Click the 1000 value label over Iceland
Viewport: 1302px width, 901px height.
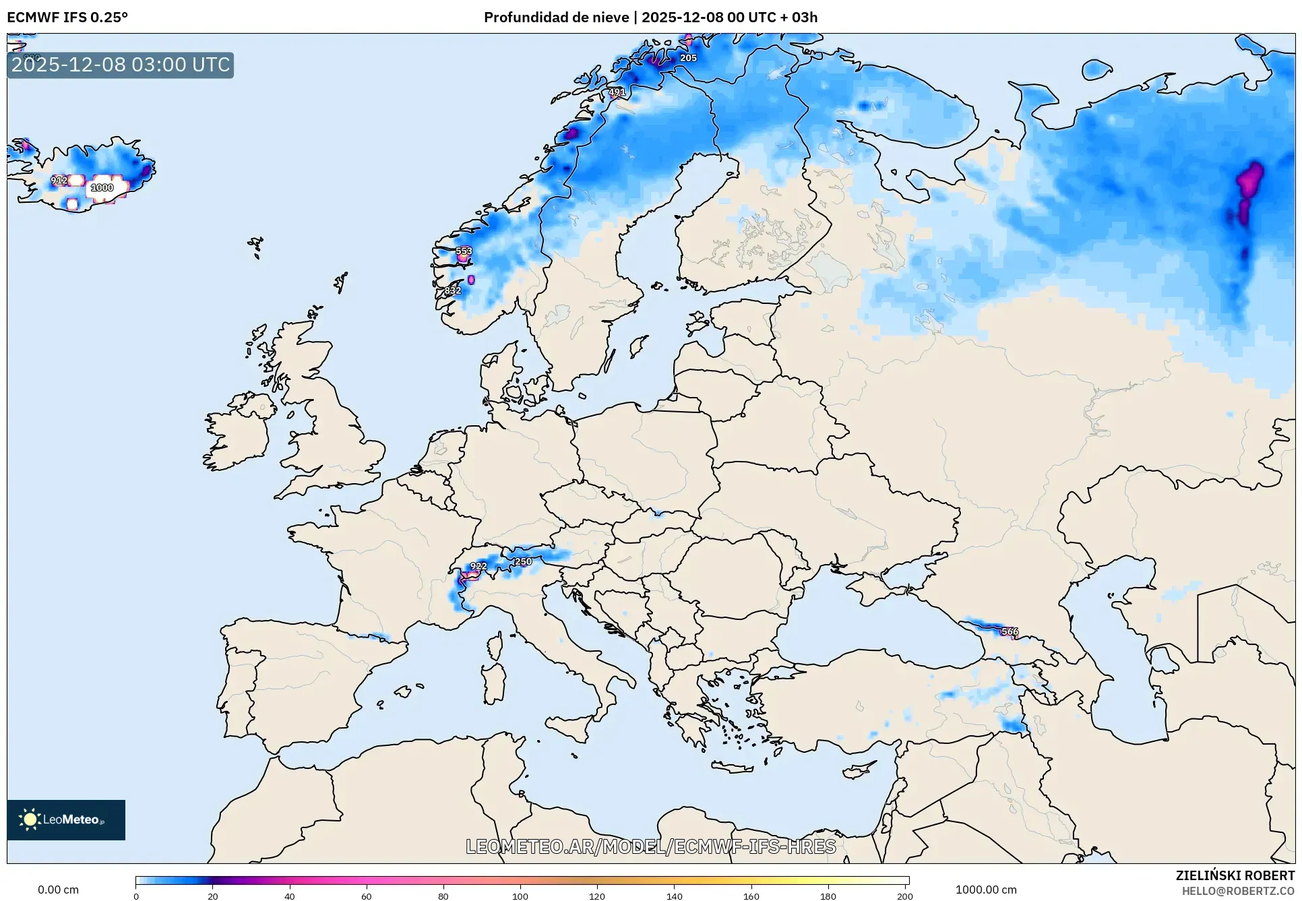point(102,188)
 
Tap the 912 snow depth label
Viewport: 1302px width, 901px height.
point(59,181)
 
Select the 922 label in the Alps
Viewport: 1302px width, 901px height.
point(478,566)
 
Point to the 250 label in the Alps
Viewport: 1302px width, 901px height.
point(523,561)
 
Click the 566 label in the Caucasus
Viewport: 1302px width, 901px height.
point(1010,631)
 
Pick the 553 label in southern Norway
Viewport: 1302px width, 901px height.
point(464,251)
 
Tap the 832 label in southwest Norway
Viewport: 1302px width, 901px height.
point(453,290)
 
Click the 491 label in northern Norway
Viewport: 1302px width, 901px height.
point(617,92)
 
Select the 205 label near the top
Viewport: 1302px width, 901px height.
point(688,58)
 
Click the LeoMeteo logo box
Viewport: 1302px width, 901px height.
point(66,819)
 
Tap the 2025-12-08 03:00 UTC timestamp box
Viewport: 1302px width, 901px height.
point(121,65)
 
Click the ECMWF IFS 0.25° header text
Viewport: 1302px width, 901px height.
point(67,18)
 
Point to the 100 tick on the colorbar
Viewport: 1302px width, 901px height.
point(520,896)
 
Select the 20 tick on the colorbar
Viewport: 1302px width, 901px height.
point(213,896)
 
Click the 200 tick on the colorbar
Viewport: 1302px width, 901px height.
point(904,896)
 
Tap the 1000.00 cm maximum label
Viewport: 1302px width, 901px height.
point(986,890)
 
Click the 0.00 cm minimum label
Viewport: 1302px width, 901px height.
point(59,890)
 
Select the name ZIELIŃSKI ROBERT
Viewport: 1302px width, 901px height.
point(1235,875)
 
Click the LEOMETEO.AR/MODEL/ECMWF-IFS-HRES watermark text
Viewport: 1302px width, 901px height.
point(651,846)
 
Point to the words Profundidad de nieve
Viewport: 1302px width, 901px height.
point(556,18)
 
